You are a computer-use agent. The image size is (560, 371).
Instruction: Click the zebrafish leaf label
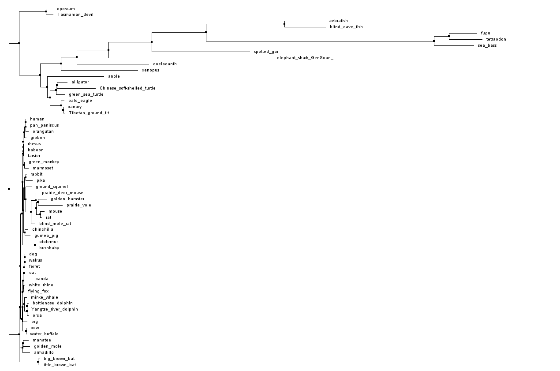pos(338,21)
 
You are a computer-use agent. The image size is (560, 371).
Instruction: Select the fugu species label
pos(485,33)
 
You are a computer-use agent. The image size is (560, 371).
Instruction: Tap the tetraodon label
pos(496,39)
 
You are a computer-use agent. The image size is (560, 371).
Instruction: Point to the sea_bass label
pos(487,45)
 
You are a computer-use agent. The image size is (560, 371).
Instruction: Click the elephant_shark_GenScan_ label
pos(305,58)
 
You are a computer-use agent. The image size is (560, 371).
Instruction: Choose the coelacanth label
pos(165,64)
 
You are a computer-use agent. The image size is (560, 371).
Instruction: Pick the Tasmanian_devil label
pos(75,15)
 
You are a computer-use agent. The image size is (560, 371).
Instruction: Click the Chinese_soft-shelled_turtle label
pos(127,88)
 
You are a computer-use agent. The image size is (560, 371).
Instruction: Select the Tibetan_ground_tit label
pos(89,113)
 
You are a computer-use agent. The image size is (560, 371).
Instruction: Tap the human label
pos(37,119)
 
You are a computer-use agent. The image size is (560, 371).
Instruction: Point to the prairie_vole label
pos(79,205)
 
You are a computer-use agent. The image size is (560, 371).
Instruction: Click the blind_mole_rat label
pos(55,224)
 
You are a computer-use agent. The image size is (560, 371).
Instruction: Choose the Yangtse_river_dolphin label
pos(55,309)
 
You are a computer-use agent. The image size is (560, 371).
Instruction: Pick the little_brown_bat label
pos(59,365)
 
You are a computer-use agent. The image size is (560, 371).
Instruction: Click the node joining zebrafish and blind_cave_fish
pos(284,24)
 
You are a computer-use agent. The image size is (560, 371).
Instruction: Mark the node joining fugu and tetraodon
pos(449,36)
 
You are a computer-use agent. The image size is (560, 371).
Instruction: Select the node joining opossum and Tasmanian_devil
pos(46,11)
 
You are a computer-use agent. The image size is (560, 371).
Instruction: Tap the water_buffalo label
pos(44,334)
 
